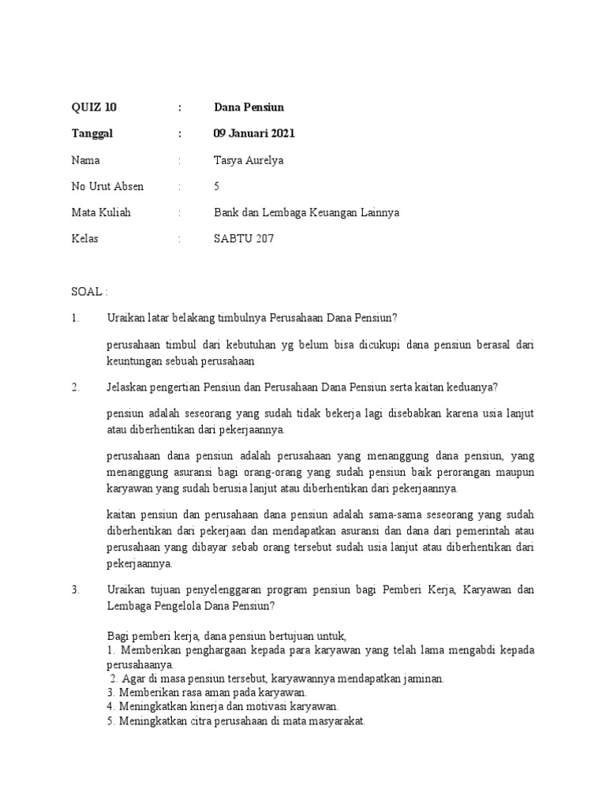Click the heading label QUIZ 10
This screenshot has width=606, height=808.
(x=93, y=107)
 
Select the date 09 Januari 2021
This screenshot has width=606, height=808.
(x=254, y=133)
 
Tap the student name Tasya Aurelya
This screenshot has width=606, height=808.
(x=249, y=160)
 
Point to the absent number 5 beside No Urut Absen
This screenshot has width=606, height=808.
(x=217, y=187)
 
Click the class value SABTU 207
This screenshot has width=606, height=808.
(x=244, y=239)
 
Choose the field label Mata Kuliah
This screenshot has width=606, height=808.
(x=101, y=213)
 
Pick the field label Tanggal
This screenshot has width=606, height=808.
(x=92, y=133)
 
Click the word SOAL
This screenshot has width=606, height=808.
(x=85, y=291)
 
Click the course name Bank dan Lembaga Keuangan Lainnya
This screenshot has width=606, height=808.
(x=307, y=213)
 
